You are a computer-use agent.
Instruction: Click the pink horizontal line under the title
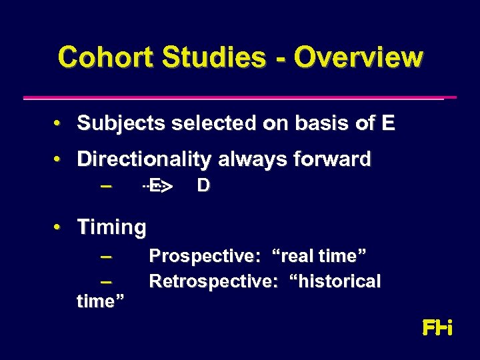click(239, 97)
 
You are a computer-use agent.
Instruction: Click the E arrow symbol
click(157, 186)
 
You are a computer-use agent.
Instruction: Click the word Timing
click(111, 227)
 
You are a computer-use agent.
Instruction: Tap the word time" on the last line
click(101, 301)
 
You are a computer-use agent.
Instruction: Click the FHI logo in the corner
click(437, 328)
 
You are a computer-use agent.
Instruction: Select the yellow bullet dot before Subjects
click(59, 124)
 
